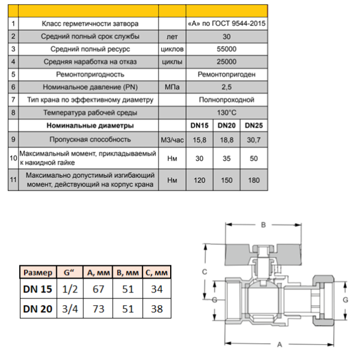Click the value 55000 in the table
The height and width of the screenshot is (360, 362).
click(x=226, y=49)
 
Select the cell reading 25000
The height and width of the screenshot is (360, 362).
click(x=226, y=62)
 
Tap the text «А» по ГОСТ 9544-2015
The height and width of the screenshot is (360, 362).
click(x=226, y=24)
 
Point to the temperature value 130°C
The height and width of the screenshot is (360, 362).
click(x=226, y=112)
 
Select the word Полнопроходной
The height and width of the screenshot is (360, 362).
click(x=226, y=99)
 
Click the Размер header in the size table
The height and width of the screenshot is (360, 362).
click(x=36, y=272)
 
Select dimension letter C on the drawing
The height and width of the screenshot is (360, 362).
click(x=205, y=272)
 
